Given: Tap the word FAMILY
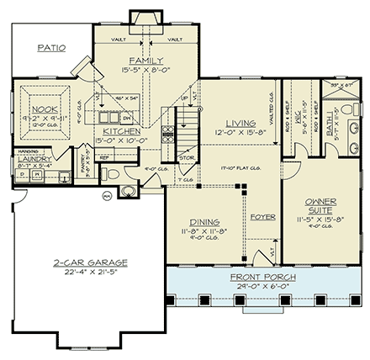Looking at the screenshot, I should coord(145,61).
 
